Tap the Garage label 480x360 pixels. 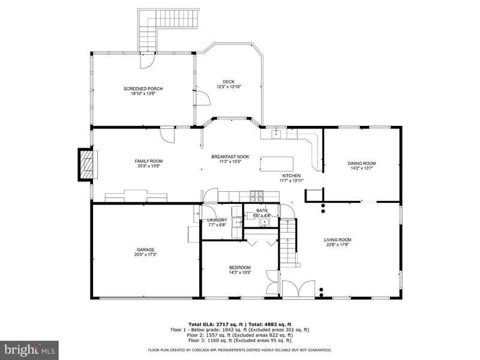pyautogui.click(x=145, y=250)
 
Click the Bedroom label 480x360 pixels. pyautogui.click(x=240, y=268)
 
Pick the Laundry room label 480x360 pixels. pyautogui.click(x=217, y=220)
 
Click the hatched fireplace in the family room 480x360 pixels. pyautogui.click(x=86, y=164)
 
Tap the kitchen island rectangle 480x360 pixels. pyautogui.click(x=277, y=164)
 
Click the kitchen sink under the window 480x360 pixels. pyautogui.click(x=276, y=134)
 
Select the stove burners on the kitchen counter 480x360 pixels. pyautogui.click(x=256, y=196)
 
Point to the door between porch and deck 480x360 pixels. pyautogui.click(x=202, y=98)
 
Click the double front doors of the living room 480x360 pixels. pyautogui.click(x=298, y=289)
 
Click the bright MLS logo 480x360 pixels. pyautogui.click(x=29, y=350)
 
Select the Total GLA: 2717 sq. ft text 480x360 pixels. pyautogui.click(x=215, y=325)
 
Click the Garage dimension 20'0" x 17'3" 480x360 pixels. pyautogui.click(x=145, y=254)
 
